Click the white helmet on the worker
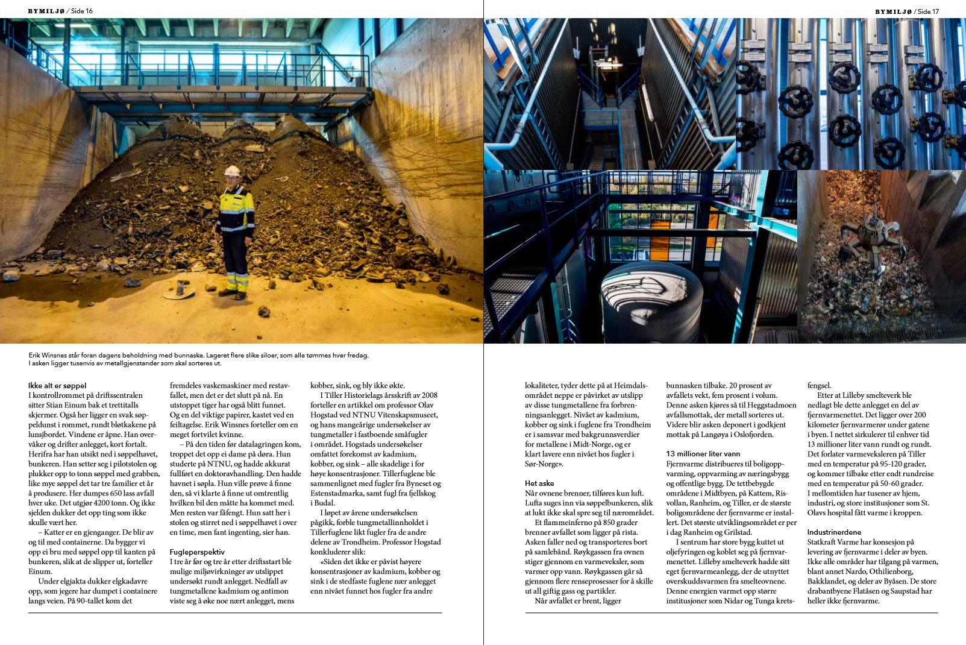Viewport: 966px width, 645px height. pyautogui.click(x=232, y=171)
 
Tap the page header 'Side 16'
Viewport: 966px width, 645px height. pyautogui.click(x=81, y=11)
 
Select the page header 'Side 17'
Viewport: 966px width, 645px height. pyautogui.click(x=927, y=11)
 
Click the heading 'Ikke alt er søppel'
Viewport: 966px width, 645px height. pyautogui.click(x=57, y=386)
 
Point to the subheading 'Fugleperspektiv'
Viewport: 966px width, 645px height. pyautogui.click(x=197, y=552)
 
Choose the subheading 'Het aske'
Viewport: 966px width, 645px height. pyautogui.click(x=539, y=483)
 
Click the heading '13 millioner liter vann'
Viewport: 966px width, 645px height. pyautogui.click(x=703, y=454)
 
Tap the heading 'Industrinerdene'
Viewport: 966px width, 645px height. pyautogui.click(x=834, y=532)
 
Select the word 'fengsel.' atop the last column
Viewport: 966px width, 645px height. pyautogui.click(x=819, y=386)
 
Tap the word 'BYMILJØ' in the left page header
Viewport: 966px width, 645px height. pyautogui.click(x=46, y=11)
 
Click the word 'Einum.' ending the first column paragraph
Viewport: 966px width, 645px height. pyautogui.click(x=40, y=571)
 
